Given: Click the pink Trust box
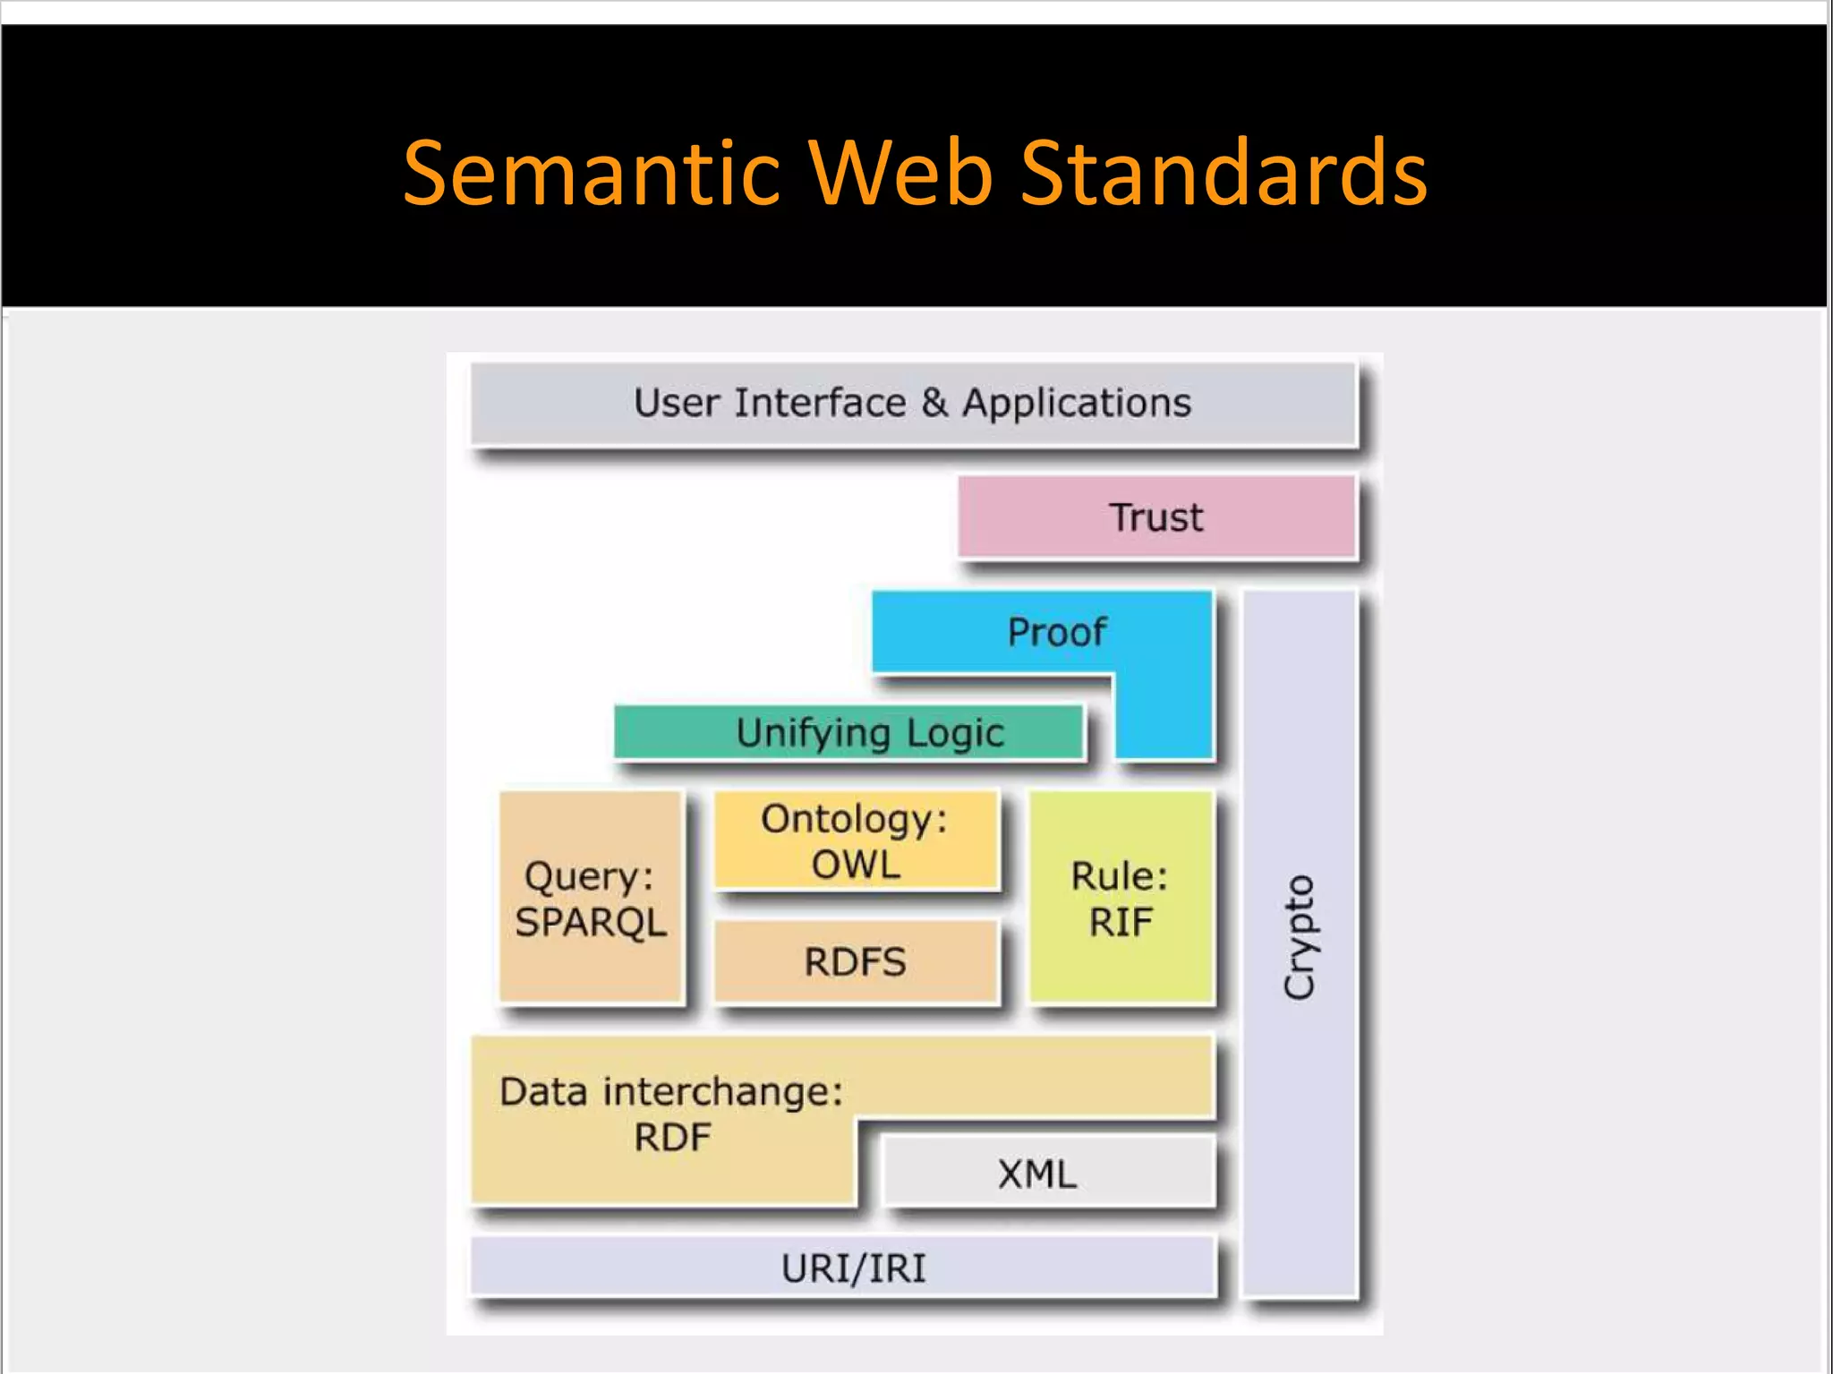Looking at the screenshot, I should click(1156, 517).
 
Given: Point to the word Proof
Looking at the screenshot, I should click(1056, 632).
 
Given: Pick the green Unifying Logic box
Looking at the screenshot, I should click(848, 732).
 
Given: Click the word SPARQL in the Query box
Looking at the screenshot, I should click(591, 922).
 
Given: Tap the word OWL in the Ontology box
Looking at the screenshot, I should click(856, 865).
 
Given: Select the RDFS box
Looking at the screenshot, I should click(856, 962).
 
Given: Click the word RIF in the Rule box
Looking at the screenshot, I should click(1121, 922).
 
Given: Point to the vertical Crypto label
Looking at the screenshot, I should click(1299, 937).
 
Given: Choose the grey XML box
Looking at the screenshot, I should click(1038, 1173).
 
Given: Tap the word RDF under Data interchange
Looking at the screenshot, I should click(672, 1138).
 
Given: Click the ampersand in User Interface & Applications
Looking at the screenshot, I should click(934, 403).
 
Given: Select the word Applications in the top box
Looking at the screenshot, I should click(1077, 403).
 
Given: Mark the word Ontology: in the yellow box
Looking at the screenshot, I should click(854, 819).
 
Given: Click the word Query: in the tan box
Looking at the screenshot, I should click(589, 876).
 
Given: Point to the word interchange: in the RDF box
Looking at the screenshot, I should click(722, 1092).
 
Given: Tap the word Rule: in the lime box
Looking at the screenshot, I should click(1120, 875).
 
